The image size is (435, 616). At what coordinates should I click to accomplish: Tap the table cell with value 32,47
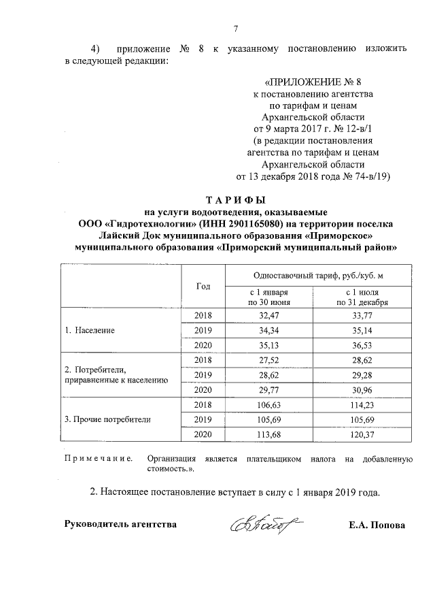[x=269, y=315]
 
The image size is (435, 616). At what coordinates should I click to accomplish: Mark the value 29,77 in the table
[x=269, y=390]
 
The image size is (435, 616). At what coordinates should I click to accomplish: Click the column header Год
[x=203, y=286]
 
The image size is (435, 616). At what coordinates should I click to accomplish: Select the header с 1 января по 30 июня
[x=269, y=296]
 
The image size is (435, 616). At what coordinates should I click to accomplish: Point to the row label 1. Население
[x=90, y=330]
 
